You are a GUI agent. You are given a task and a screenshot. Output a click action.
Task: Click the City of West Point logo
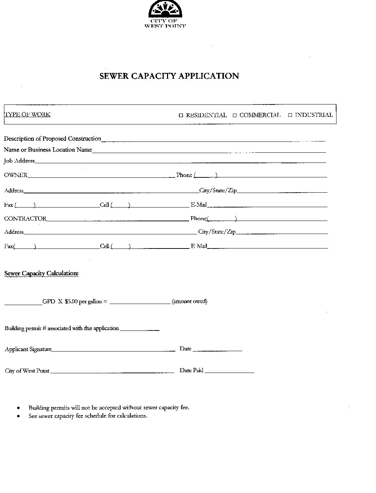(165, 14)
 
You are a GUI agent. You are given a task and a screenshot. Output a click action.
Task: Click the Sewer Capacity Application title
(169, 76)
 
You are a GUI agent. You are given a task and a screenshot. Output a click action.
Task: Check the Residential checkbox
(181, 116)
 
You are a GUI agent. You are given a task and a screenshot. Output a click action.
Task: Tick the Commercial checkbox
(235, 116)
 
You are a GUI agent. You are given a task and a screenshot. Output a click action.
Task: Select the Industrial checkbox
(290, 115)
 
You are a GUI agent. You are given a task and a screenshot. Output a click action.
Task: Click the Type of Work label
(27, 115)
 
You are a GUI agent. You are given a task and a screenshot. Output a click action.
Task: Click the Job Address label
(19, 161)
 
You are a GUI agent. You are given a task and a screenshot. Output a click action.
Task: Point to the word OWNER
(16, 175)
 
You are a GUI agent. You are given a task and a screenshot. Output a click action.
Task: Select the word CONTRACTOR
(25, 219)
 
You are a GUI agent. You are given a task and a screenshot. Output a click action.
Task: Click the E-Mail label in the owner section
(199, 205)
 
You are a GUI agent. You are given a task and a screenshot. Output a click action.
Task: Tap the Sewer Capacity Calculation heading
(41, 274)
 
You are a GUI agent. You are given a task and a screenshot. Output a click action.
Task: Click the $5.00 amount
(71, 301)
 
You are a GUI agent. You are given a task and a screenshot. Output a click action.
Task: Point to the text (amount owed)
(189, 301)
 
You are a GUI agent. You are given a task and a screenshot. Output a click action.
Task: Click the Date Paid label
(191, 370)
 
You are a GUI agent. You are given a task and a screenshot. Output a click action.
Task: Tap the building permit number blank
(139, 330)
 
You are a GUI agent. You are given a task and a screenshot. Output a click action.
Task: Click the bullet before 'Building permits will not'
(18, 408)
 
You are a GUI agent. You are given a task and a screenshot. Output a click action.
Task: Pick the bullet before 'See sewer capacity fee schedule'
(18, 416)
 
